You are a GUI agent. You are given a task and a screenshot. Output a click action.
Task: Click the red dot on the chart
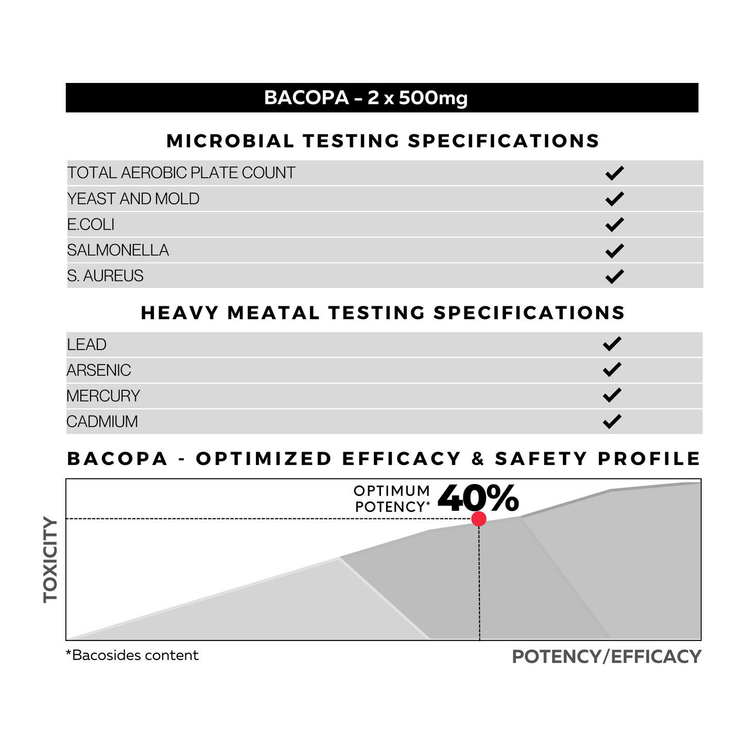click(479, 518)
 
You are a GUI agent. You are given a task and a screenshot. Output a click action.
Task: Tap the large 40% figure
click(478, 498)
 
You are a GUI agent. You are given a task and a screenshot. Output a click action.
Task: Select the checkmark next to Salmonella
click(614, 251)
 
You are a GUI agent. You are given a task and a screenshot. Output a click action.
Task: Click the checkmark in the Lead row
click(612, 344)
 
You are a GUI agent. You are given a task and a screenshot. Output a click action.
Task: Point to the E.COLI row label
click(91, 224)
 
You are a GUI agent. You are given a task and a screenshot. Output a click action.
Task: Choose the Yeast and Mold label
click(133, 199)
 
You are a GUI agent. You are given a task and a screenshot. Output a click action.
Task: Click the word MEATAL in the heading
click(273, 313)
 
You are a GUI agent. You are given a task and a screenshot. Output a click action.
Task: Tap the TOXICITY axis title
click(50, 560)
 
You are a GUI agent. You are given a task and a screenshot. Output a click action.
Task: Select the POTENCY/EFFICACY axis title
click(607, 656)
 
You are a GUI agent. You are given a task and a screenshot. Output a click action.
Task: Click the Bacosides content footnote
click(132, 655)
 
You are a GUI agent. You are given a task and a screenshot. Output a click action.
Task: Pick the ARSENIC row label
click(99, 370)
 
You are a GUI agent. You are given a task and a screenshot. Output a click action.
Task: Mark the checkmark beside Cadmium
click(612, 422)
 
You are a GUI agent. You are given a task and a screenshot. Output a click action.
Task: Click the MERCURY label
click(103, 396)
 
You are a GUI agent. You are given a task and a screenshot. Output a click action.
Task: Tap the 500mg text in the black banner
click(432, 97)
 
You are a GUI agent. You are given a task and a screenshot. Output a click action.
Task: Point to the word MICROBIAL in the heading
click(230, 141)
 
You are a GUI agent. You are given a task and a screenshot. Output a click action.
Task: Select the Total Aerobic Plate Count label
click(181, 173)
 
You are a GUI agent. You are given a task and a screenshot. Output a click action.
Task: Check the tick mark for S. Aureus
click(614, 276)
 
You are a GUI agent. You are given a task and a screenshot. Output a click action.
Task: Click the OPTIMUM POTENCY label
click(392, 499)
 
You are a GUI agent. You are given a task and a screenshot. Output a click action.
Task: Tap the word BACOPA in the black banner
click(306, 97)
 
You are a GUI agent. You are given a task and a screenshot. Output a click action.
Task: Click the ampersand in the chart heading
click(478, 459)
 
